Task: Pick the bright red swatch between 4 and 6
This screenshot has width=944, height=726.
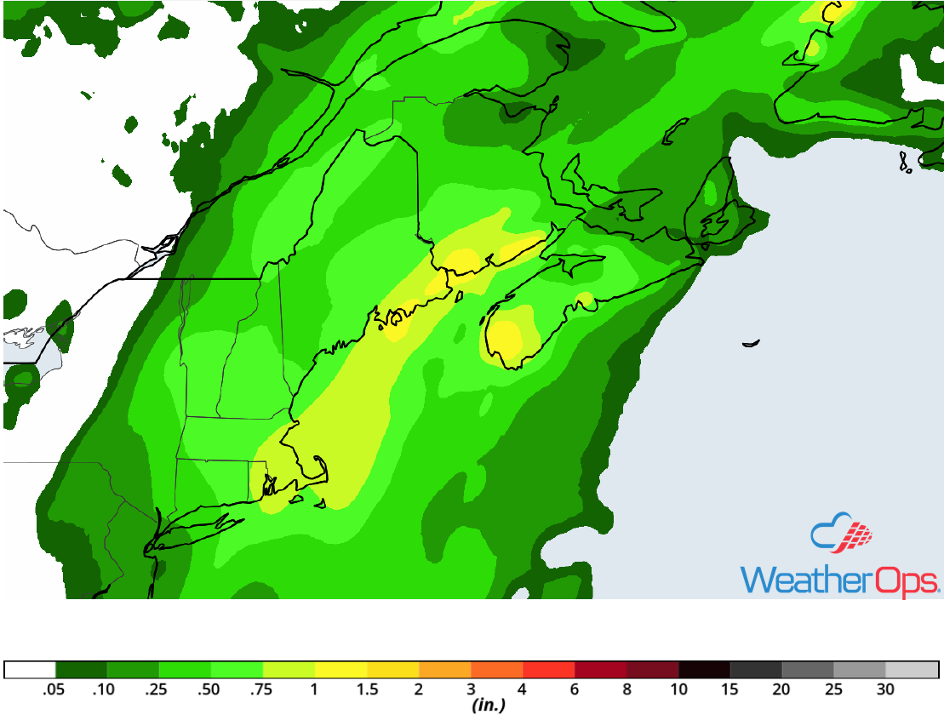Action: pos(549,670)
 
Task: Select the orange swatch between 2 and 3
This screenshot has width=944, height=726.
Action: pos(445,670)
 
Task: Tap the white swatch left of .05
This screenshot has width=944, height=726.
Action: pos(30,670)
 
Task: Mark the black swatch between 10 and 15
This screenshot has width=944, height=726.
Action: pos(705,670)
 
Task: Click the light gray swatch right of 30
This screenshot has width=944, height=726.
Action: pos(912,670)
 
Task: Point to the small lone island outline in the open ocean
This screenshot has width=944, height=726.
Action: pos(750,343)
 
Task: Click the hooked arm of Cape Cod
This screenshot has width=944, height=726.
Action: pos(322,468)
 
